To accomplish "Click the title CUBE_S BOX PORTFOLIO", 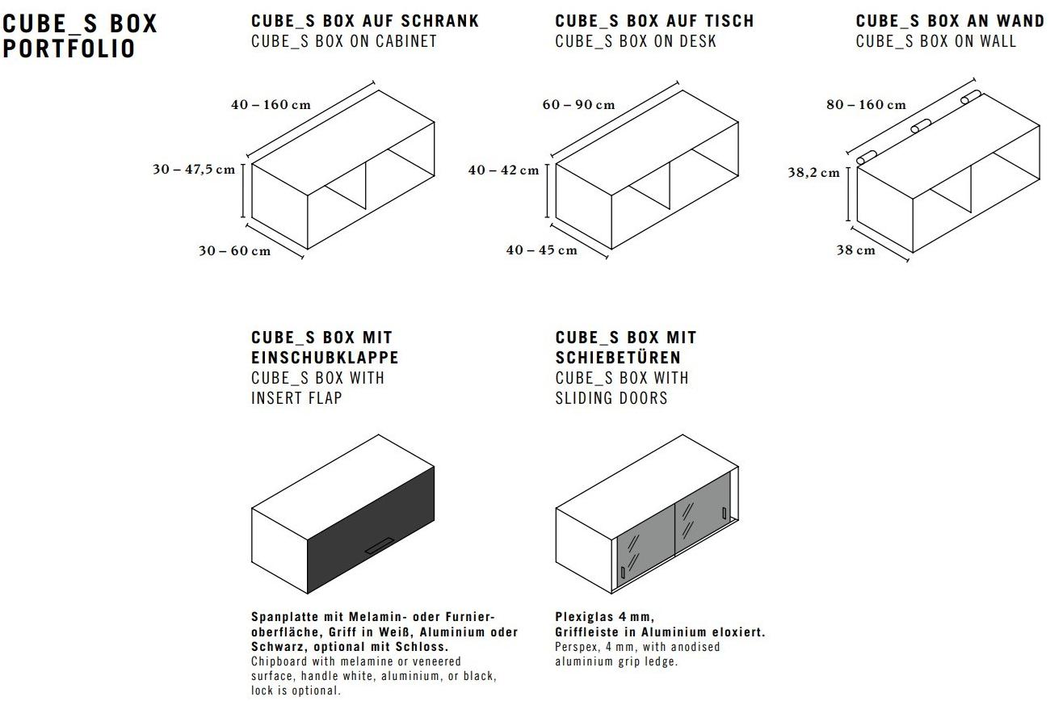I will point(80,36).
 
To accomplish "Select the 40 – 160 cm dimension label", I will point(271,105).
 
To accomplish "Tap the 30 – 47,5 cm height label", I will point(194,170).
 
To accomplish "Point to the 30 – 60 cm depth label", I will point(234,250).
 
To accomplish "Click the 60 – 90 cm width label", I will point(578,105).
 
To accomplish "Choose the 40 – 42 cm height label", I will point(503,170).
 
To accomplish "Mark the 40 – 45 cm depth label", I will point(541,250).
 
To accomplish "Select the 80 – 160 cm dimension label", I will point(866,105).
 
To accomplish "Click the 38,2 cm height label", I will point(813,173).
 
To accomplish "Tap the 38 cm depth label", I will point(855,250).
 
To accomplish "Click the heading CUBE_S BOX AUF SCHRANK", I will point(365,21).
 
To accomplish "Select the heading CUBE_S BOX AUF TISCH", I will point(654,21).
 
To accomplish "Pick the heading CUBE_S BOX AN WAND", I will point(950,21).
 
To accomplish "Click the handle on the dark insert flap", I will point(379,547).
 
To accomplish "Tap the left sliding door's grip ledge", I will point(622,573).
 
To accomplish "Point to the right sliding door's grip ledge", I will point(724,512).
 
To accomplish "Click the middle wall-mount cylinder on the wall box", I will point(921,127).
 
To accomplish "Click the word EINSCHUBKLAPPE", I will point(325,357).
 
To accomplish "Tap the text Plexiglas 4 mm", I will point(604,618).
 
